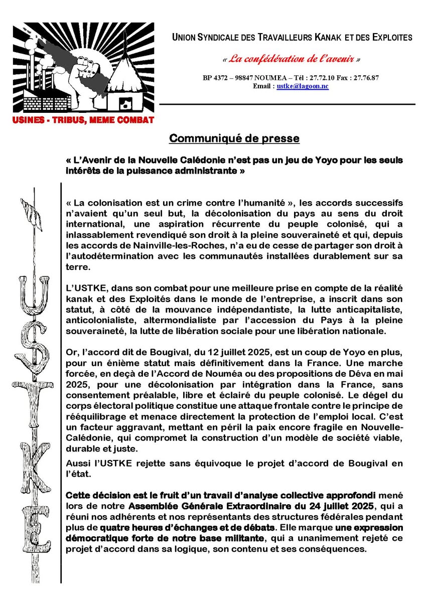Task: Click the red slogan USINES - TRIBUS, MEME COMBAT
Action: [83, 120]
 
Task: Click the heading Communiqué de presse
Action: [234, 138]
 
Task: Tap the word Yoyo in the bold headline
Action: [309, 159]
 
